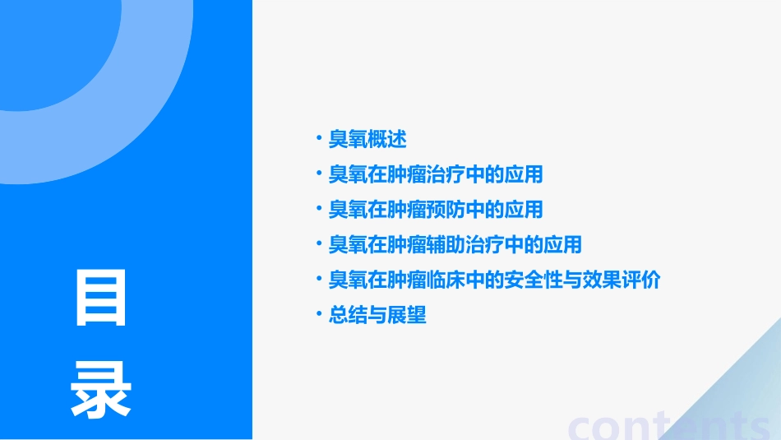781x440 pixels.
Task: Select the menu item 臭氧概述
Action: pos(367,139)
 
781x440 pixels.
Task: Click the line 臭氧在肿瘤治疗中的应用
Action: pos(436,174)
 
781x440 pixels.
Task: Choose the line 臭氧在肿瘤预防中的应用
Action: pos(436,210)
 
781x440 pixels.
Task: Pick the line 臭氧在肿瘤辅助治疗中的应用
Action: pos(455,244)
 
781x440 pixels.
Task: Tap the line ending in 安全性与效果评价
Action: pos(494,280)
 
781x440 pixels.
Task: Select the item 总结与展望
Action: pos(377,315)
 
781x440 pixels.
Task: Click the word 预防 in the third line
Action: pos(446,210)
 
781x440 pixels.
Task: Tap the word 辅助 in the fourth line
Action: pos(446,244)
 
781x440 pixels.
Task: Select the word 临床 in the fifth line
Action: pos(446,280)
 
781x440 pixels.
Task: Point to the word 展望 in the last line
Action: pos(407,315)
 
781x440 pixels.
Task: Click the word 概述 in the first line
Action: pos(387,139)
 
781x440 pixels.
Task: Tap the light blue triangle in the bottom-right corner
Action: pos(740,395)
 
